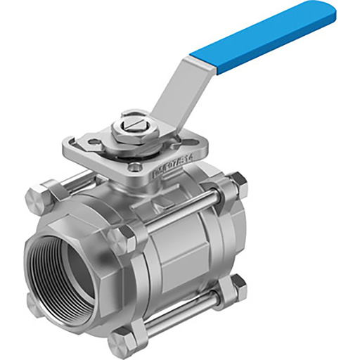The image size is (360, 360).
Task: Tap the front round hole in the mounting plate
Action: tap(134, 167)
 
